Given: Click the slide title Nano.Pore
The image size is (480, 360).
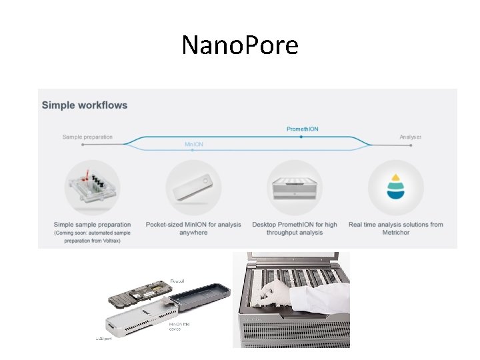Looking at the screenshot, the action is [x=240, y=45].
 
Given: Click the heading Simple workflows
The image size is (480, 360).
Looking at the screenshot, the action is [x=85, y=105].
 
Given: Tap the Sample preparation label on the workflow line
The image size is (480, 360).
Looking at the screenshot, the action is [x=87, y=137].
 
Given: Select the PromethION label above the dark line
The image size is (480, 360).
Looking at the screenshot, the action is [x=302, y=129].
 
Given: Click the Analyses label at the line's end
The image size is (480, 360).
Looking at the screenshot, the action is [x=410, y=137].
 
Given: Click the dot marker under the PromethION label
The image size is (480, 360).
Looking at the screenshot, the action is [x=301, y=136].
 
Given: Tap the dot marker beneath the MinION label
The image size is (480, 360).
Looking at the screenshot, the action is [x=192, y=151].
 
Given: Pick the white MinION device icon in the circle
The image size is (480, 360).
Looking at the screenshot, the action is [x=193, y=187].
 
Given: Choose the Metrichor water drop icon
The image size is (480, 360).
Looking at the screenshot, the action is [x=396, y=187].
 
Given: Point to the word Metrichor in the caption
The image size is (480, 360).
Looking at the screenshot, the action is [x=396, y=233].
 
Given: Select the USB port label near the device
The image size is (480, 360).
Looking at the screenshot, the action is [x=102, y=339].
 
